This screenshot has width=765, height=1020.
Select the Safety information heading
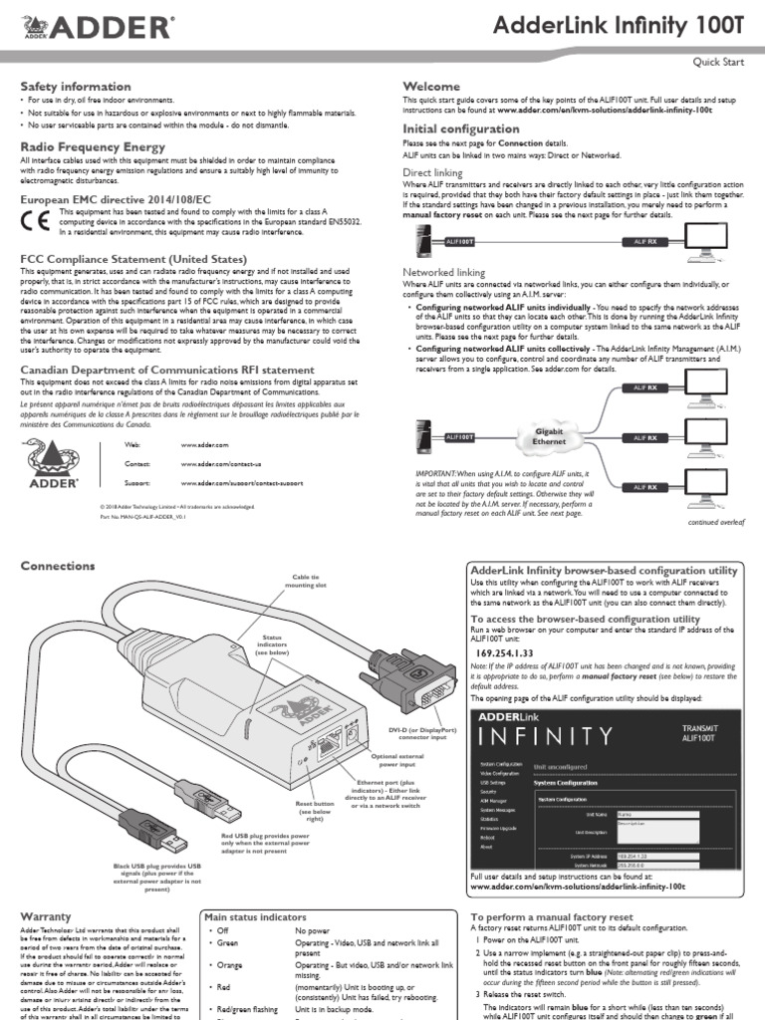[76, 87]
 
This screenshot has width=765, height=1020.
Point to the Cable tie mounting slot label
[307, 581]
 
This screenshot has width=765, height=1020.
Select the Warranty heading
[46, 914]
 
